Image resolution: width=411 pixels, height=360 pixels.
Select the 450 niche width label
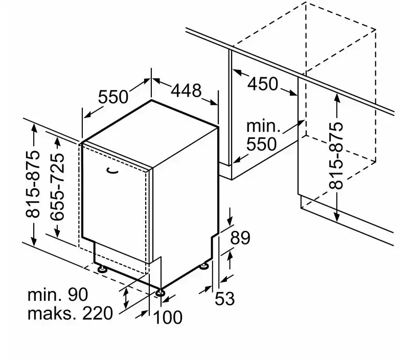[263, 84]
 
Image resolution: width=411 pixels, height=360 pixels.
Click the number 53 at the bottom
[224, 298]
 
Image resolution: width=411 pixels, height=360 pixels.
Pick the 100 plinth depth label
[168, 317]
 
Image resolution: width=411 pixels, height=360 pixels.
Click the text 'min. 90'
[58, 294]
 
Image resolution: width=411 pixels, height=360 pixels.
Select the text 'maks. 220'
[70, 313]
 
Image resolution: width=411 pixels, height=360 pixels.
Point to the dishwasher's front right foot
[161, 293]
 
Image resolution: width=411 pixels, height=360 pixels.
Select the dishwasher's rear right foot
[205, 266]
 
